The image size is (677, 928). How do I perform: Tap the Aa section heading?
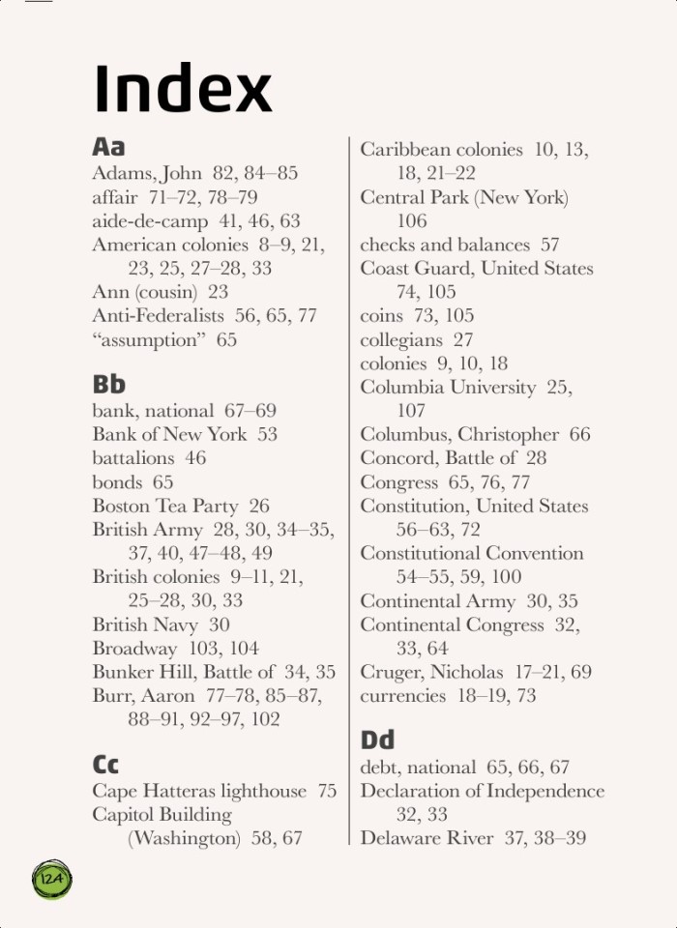click(108, 147)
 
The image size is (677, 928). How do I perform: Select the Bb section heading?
click(108, 385)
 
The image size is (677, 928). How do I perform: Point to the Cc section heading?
click(105, 765)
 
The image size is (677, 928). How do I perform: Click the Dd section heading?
click(377, 740)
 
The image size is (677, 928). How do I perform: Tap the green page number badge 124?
click(52, 879)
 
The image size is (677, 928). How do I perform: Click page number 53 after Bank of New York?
click(267, 435)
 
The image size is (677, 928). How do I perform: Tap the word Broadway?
click(134, 649)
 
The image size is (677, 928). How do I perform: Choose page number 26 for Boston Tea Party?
click(259, 507)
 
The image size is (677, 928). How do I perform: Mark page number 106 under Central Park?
click(411, 221)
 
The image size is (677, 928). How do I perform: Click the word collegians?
click(401, 340)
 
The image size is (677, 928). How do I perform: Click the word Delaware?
click(400, 839)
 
